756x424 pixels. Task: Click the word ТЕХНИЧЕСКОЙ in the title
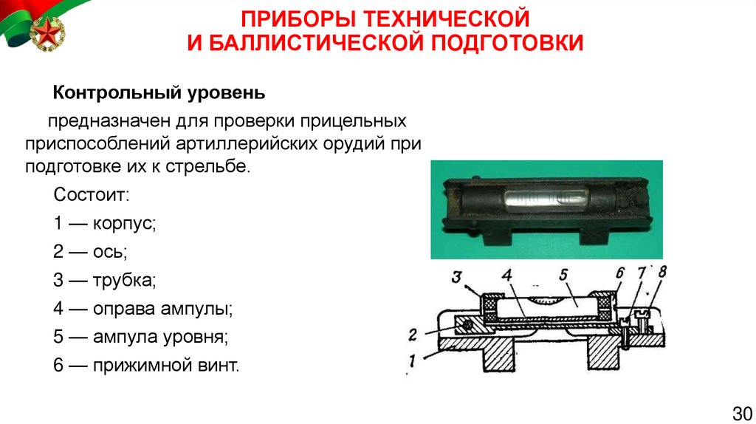tap(447, 19)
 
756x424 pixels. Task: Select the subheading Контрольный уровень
tap(159, 92)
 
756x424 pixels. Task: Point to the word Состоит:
tap(92, 195)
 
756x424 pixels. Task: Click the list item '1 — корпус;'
tap(105, 224)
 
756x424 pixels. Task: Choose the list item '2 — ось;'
tap(90, 252)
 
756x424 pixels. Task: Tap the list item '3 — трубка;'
tap(105, 280)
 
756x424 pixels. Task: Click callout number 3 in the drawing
tap(456, 277)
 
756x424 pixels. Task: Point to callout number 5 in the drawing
tap(563, 275)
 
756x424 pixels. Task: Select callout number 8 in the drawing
tap(662, 272)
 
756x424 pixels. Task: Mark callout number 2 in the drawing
tap(413, 335)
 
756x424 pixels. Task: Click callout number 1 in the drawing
tap(412, 360)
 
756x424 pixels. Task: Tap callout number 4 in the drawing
tap(506, 276)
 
